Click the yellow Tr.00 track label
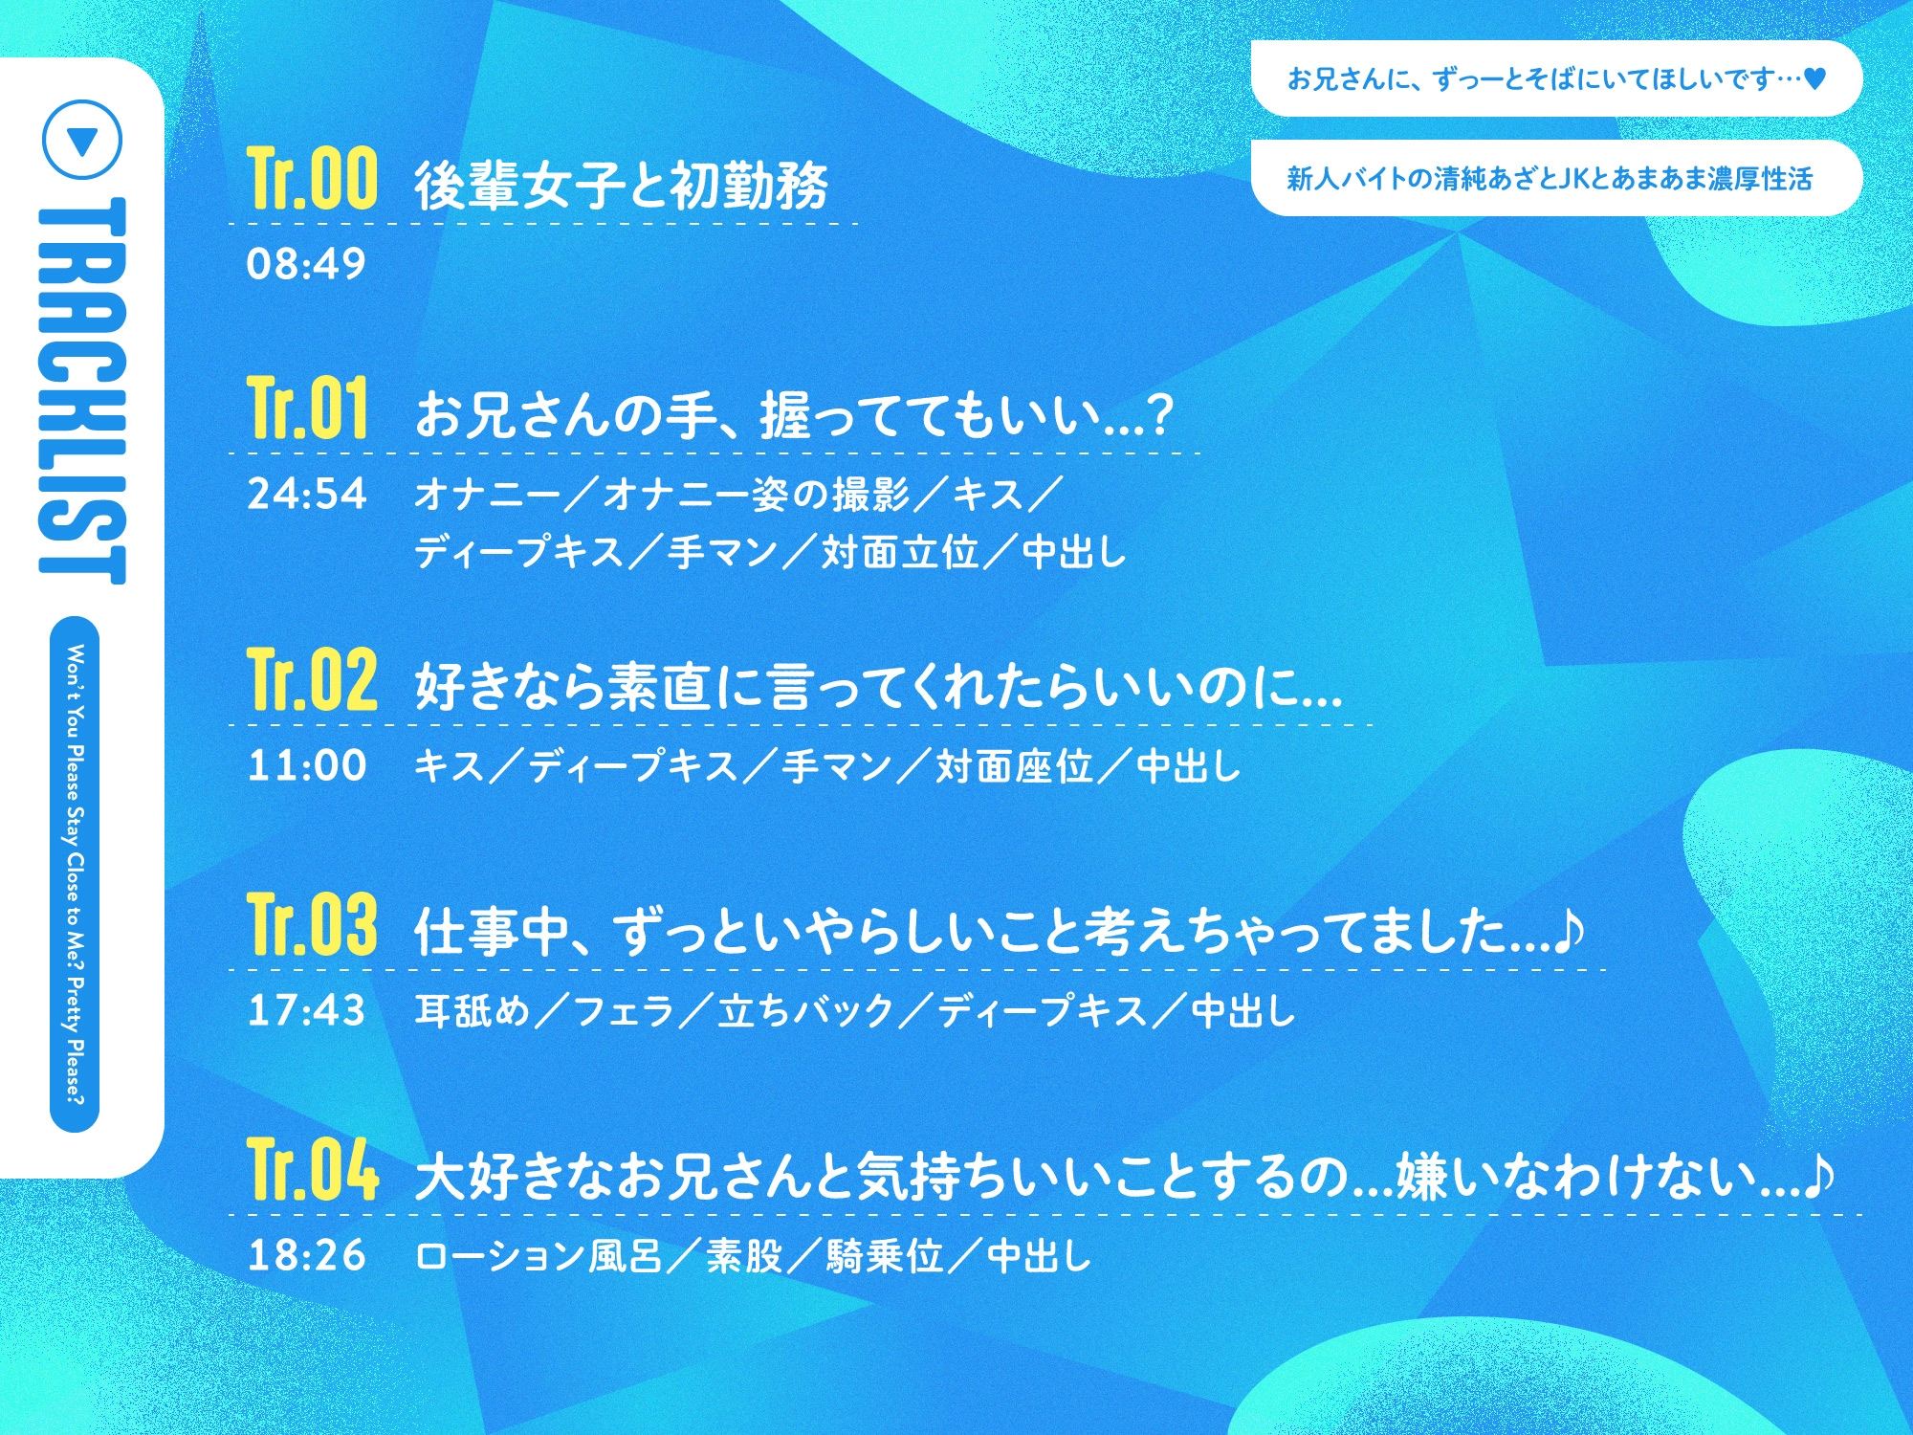312,179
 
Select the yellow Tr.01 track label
307,408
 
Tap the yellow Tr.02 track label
312,679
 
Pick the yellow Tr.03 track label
312,924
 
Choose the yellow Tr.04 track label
312,1169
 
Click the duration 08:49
306,264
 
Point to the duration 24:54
306,494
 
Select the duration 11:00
306,765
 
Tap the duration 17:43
306,1010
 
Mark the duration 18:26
306,1255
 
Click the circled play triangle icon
83,141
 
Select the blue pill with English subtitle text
75,873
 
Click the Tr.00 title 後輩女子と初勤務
621,185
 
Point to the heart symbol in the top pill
1814,78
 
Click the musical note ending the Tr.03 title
1569,930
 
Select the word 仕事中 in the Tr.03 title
492,932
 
